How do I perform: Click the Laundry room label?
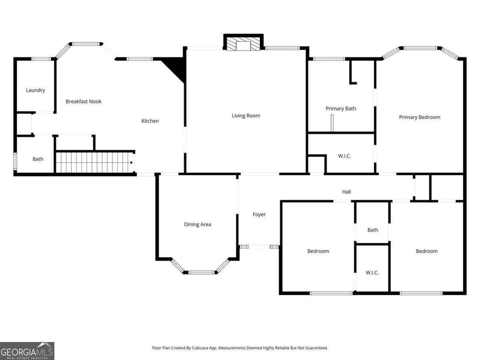coord(36,90)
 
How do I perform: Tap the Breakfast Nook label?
coord(84,102)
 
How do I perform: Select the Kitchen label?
coord(150,121)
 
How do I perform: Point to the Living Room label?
coord(246,116)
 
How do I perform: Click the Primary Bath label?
coord(341,108)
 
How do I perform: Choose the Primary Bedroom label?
coord(420,117)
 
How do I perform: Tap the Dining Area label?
coord(197,224)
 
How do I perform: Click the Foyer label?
coord(259,215)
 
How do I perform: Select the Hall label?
coord(346,192)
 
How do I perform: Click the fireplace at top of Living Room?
coord(243,43)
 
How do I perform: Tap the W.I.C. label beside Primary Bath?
coord(344,156)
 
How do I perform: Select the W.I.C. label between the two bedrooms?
coord(372,273)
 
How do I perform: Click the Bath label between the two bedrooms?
coord(373,230)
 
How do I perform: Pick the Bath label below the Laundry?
coord(38,159)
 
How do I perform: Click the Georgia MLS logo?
coord(27,351)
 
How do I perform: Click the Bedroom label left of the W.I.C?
coord(318,251)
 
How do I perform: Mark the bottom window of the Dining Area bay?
coord(202,273)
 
